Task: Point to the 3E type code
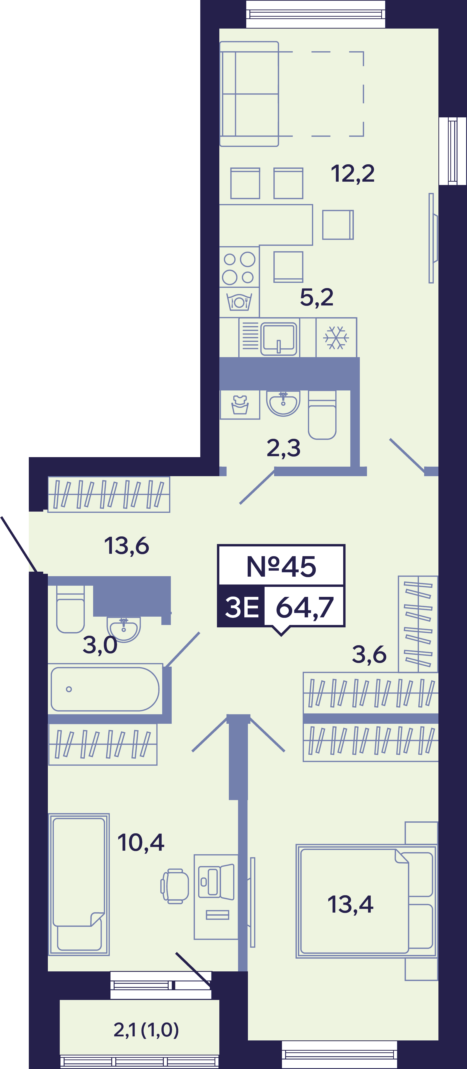241,607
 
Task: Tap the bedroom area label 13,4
350,905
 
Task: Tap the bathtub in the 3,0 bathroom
105,689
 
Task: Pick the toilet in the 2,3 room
322,415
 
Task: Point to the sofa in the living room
249,94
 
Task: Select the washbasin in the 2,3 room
283,403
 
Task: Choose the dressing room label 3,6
369,654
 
